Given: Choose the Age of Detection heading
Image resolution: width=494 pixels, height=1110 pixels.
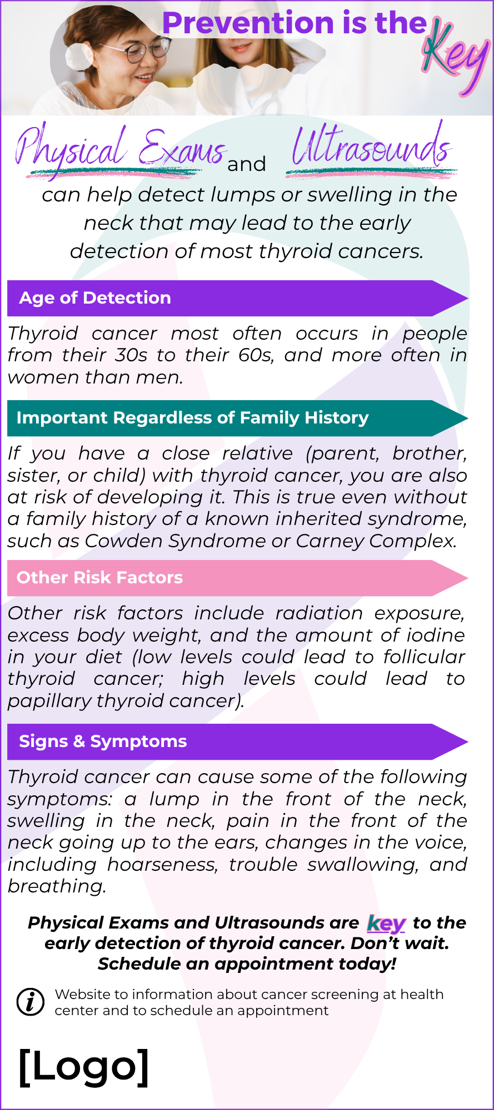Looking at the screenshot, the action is (x=95, y=298).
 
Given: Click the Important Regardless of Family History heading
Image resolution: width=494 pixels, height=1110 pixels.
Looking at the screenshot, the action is (x=192, y=418).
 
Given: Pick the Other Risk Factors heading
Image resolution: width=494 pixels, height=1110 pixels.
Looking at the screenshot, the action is (x=99, y=578).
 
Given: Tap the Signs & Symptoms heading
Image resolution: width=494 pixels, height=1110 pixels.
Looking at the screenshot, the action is (x=103, y=741).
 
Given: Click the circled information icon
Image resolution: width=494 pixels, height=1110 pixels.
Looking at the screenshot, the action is (x=31, y=1002).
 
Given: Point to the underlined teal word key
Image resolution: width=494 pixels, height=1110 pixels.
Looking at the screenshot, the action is (x=386, y=924).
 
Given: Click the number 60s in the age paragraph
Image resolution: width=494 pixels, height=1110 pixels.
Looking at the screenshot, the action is (x=256, y=355).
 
